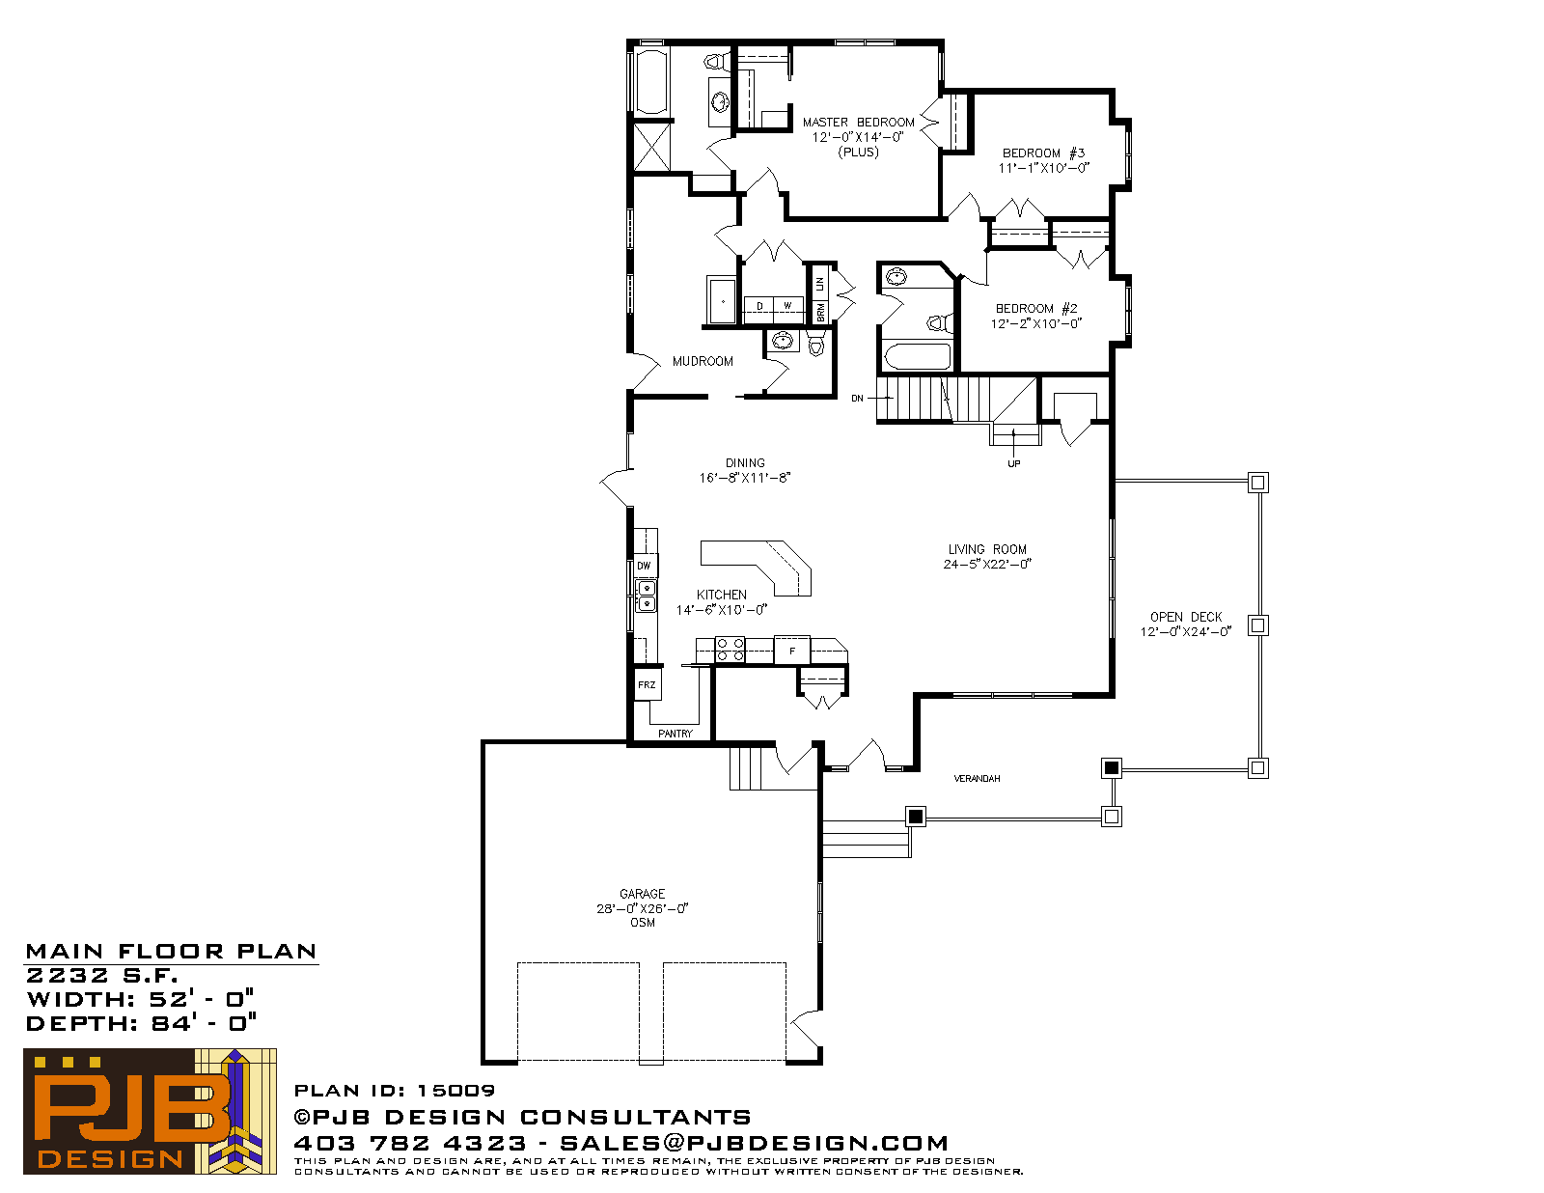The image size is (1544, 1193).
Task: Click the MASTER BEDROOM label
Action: click(858, 123)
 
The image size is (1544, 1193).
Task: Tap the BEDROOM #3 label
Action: click(1043, 153)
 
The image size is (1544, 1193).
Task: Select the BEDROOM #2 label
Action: click(1036, 308)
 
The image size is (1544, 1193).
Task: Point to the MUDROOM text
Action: click(702, 361)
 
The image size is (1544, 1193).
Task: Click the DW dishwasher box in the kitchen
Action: click(645, 566)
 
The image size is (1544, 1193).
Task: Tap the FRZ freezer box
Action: click(647, 684)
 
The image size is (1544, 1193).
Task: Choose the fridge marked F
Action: click(791, 651)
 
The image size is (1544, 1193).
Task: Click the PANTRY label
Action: click(675, 734)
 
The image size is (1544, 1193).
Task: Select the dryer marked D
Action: click(758, 306)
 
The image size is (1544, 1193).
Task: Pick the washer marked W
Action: click(788, 306)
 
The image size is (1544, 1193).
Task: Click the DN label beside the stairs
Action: click(858, 399)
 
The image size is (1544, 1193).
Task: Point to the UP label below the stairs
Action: click(1014, 464)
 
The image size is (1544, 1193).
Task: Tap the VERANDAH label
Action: click(977, 779)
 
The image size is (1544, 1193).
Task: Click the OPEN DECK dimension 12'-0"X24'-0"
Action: click(1186, 631)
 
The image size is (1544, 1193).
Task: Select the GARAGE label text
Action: click(643, 894)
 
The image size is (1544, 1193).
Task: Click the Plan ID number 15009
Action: click(456, 1091)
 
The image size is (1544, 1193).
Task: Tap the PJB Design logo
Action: click(150, 1112)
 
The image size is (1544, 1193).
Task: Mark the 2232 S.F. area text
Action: click(102, 975)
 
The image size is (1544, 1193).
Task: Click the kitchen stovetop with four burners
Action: click(730, 650)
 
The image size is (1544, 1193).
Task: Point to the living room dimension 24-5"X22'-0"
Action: click(987, 565)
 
